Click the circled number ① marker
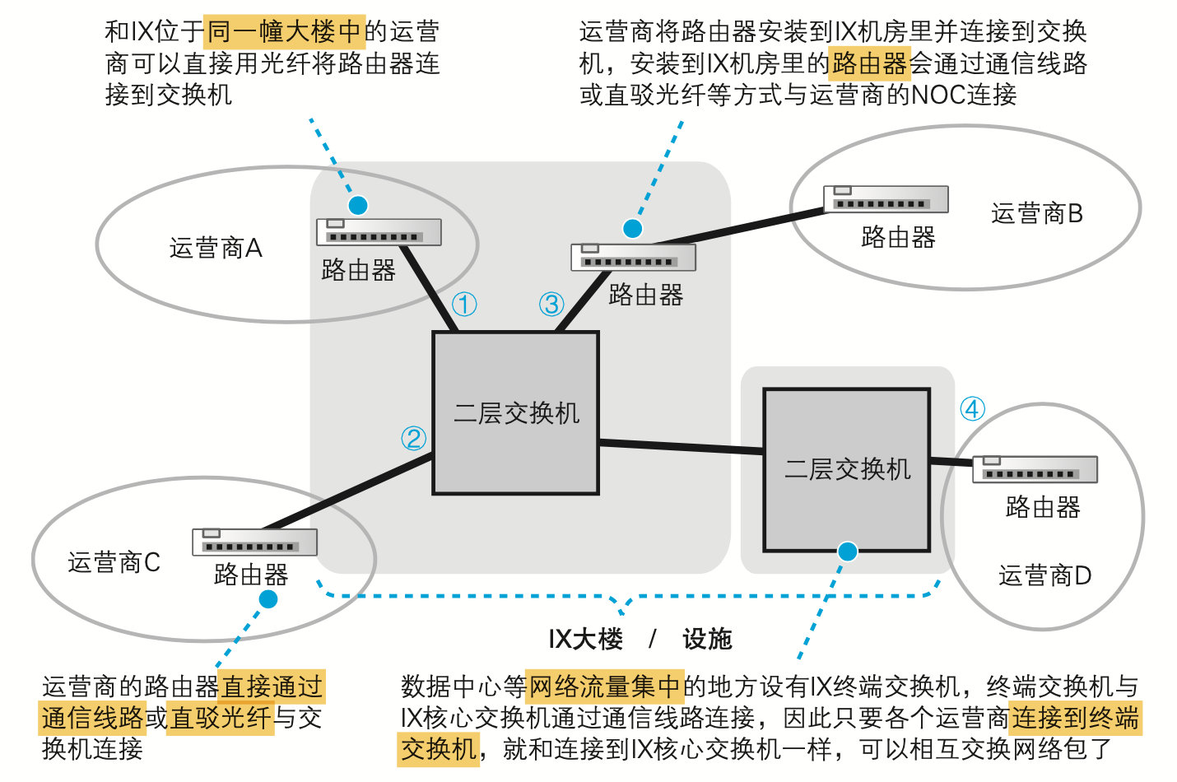(464, 305)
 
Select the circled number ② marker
(413, 438)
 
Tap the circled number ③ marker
(551, 305)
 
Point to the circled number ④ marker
(973, 409)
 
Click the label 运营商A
(216, 248)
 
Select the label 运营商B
(1037, 214)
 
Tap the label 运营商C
(114, 562)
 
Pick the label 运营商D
(1045, 575)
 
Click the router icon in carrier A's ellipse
(379, 232)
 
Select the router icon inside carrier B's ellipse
(886, 199)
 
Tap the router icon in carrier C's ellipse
(254, 542)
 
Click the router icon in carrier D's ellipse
(1035, 469)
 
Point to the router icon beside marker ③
(633, 258)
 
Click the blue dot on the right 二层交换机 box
(847, 552)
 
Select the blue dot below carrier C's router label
(268, 599)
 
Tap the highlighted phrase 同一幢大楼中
(284, 32)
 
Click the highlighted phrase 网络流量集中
(604, 686)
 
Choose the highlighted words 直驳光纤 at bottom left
(220, 718)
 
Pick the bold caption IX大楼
(585, 639)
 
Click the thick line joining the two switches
(682, 447)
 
